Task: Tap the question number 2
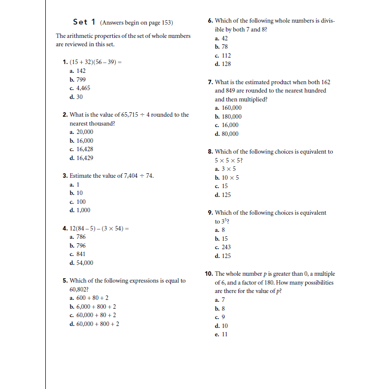65,115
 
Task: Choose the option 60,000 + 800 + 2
97,324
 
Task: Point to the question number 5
65,281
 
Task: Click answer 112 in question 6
226,56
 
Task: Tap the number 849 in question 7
220,91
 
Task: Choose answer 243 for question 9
226,247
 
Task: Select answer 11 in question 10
225,334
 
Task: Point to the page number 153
165,23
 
